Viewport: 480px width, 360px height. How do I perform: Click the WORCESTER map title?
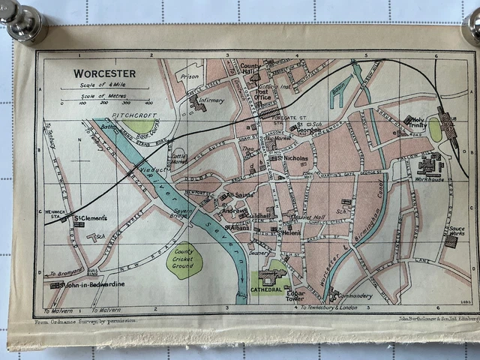tap(104, 73)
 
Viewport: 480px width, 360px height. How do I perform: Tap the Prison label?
tap(190, 76)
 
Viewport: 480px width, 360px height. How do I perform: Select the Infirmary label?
tap(212, 100)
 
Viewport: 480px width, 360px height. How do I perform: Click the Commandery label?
tap(355, 296)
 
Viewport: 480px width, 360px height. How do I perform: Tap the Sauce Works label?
tap(456, 232)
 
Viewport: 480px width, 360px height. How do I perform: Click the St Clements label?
tap(91, 218)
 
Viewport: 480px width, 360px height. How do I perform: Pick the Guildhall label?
tap(256, 215)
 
